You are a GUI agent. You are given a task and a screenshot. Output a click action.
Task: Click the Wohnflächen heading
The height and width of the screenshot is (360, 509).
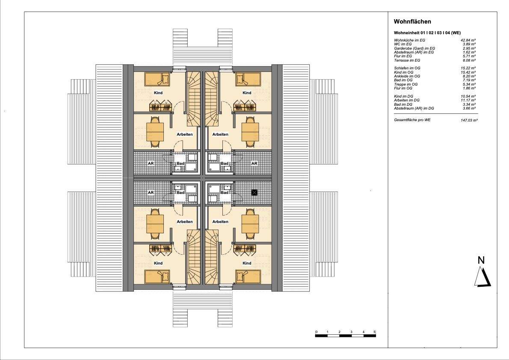(412, 21)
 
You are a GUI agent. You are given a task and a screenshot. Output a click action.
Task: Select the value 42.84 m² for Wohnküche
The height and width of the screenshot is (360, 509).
(468, 40)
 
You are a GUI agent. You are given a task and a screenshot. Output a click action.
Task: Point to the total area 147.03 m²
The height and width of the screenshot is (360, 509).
(467, 120)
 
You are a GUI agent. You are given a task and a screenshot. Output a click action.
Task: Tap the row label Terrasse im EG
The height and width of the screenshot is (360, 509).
(407, 60)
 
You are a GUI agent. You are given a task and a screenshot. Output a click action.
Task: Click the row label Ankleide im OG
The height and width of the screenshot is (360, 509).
(407, 76)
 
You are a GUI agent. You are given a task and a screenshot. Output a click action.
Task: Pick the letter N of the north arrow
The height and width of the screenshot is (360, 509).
(481, 260)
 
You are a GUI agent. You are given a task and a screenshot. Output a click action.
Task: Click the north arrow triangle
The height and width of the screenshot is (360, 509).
(482, 277)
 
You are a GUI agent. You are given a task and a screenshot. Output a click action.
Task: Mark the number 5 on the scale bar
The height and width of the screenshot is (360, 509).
(375, 332)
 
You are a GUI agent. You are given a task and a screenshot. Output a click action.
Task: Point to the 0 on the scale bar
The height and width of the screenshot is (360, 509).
(316, 332)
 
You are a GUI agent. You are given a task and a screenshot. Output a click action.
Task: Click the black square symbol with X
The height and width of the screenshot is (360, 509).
(254, 193)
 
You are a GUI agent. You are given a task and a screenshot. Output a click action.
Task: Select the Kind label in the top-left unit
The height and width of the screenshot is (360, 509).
(158, 93)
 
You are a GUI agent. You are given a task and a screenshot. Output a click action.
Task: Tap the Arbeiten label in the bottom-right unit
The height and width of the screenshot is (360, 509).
(220, 222)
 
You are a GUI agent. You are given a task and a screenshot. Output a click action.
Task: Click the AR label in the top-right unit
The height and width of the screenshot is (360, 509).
(254, 164)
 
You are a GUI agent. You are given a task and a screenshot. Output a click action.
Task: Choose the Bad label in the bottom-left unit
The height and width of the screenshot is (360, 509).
(181, 193)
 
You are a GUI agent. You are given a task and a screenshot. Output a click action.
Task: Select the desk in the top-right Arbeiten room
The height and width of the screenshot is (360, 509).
(250, 131)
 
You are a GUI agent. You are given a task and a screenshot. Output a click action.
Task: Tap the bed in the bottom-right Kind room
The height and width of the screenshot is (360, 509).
(248, 277)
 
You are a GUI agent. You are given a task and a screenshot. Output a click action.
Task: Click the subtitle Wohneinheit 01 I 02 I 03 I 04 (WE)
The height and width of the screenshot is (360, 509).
(427, 33)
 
